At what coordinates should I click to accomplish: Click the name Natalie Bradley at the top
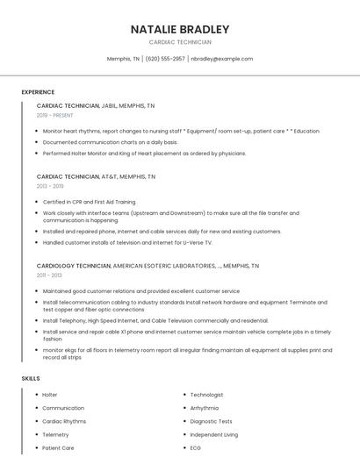[180, 29]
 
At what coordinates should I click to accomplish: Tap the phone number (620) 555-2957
[165, 59]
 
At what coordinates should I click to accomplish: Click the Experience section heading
[38, 92]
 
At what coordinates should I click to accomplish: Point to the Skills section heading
[31, 378]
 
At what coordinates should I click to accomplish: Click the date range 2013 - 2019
[50, 186]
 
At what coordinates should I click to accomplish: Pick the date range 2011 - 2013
[49, 275]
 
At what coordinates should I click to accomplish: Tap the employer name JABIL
[112, 105]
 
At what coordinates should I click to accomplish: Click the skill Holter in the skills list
[50, 395]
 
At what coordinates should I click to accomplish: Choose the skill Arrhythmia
[205, 408]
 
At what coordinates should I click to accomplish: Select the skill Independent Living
[213, 434]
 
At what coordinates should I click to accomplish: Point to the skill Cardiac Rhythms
[64, 421]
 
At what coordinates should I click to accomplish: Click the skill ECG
[196, 447]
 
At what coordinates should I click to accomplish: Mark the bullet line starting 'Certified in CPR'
[89, 202]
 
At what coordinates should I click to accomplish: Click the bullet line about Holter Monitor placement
[132, 153]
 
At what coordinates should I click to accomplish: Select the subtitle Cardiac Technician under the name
[180, 42]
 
